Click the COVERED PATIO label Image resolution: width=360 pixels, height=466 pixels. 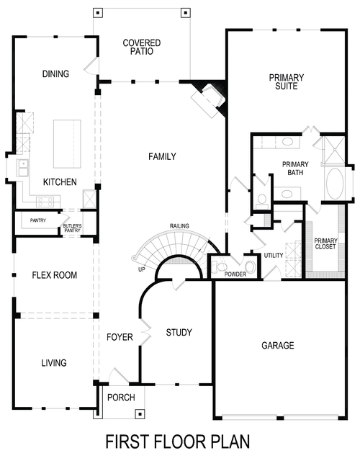[141, 48]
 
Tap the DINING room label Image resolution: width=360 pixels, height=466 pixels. [55, 74]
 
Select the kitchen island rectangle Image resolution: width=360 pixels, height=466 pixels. [67, 143]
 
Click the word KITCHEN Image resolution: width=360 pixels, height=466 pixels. [60, 182]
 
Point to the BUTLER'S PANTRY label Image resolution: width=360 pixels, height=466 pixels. [72, 228]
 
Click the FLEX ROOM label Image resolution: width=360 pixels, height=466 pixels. [55, 275]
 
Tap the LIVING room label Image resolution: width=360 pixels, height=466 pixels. [55, 363]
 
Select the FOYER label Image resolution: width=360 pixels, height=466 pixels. [120, 337]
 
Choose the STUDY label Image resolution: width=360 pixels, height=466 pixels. [179, 332]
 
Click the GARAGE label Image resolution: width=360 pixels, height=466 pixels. [277, 346]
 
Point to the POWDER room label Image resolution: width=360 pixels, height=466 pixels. [235, 274]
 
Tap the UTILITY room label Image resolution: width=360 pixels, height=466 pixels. [274, 256]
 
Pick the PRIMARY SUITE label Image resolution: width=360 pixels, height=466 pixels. [287, 82]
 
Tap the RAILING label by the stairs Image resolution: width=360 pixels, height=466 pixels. [179, 226]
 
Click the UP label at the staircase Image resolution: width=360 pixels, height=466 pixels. [141, 270]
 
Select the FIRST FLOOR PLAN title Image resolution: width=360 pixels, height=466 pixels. [178, 441]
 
